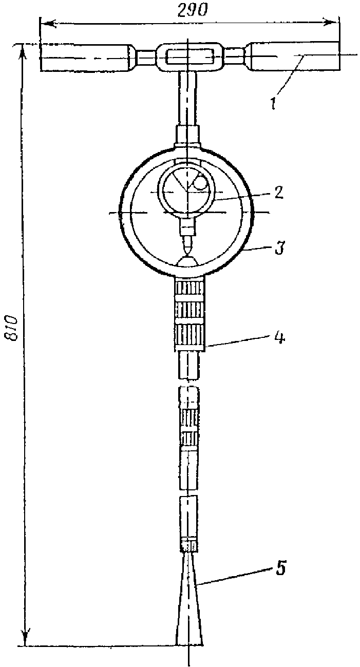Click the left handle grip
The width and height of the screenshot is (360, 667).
pos(84,58)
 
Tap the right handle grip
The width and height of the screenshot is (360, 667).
pos(293,56)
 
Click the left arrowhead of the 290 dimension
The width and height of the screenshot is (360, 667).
pos(45,23)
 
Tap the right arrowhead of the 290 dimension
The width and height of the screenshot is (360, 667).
pos(334,22)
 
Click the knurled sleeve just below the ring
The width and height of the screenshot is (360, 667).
pos(191,315)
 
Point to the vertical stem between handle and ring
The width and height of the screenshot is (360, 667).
pos(188,97)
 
